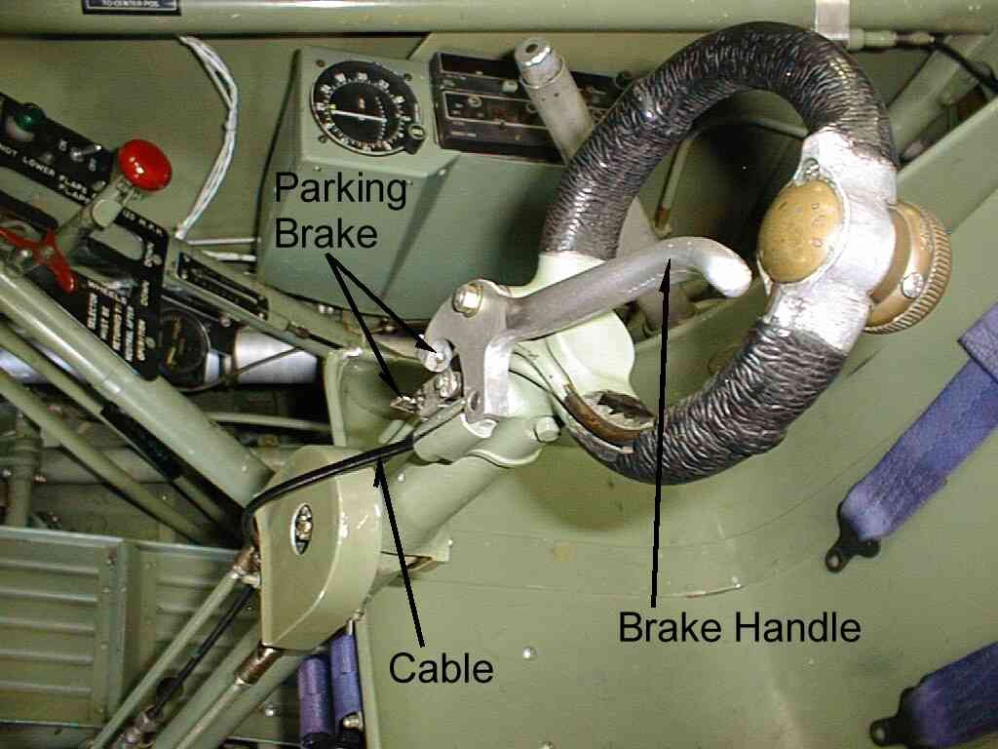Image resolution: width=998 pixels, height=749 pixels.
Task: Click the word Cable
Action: [440, 668]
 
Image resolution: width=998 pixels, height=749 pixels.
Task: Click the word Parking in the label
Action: [339, 188]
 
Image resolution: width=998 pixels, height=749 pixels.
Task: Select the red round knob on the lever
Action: [144, 164]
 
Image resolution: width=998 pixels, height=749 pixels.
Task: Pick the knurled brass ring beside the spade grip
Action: [912, 268]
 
